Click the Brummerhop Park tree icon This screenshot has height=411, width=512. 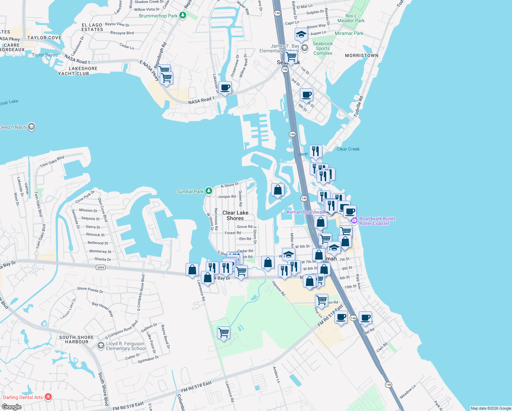(x=183, y=15)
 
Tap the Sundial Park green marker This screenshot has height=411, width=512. (x=209, y=191)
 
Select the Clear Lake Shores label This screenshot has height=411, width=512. (x=235, y=215)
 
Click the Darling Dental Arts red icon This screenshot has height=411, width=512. (x=48, y=397)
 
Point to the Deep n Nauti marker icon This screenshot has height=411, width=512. (x=31, y=127)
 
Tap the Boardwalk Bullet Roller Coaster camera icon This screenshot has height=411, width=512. (x=355, y=221)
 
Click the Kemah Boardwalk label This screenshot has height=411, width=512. (x=306, y=212)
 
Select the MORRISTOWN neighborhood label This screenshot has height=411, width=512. (x=361, y=55)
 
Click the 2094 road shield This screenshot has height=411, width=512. (x=100, y=267)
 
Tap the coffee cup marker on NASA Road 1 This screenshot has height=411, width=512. (x=225, y=88)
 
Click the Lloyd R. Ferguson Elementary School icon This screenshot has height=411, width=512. (x=101, y=346)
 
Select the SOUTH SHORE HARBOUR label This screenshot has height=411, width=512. (x=76, y=339)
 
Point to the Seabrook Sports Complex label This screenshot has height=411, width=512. (x=323, y=48)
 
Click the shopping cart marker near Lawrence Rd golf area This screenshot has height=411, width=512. (x=223, y=332)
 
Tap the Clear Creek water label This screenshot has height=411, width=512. (x=348, y=149)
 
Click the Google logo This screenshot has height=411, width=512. (x=12, y=407)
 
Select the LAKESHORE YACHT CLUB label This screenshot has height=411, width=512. (x=78, y=71)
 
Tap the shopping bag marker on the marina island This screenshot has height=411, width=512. (x=278, y=190)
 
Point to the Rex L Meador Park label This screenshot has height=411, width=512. (x=351, y=18)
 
